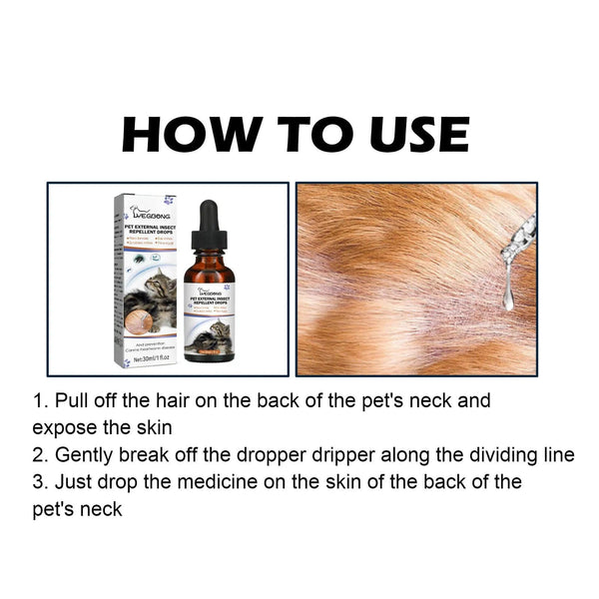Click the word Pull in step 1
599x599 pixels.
pos(74,401)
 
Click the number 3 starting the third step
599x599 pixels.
pos(39,482)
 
